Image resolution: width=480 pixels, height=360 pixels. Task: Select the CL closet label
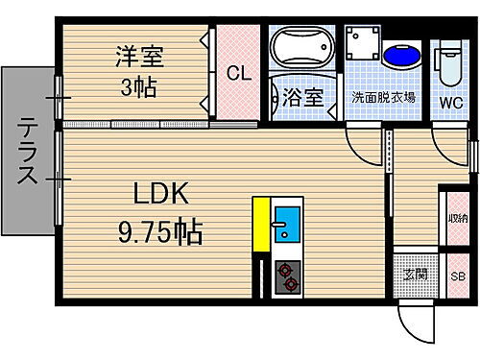point(238,73)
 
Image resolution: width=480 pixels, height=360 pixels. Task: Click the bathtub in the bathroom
point(300,48)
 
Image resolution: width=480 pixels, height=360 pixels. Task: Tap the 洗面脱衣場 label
point(383,97)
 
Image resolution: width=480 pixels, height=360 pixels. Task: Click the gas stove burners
point(287,276)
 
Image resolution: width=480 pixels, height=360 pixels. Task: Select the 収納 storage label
point(454,218)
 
